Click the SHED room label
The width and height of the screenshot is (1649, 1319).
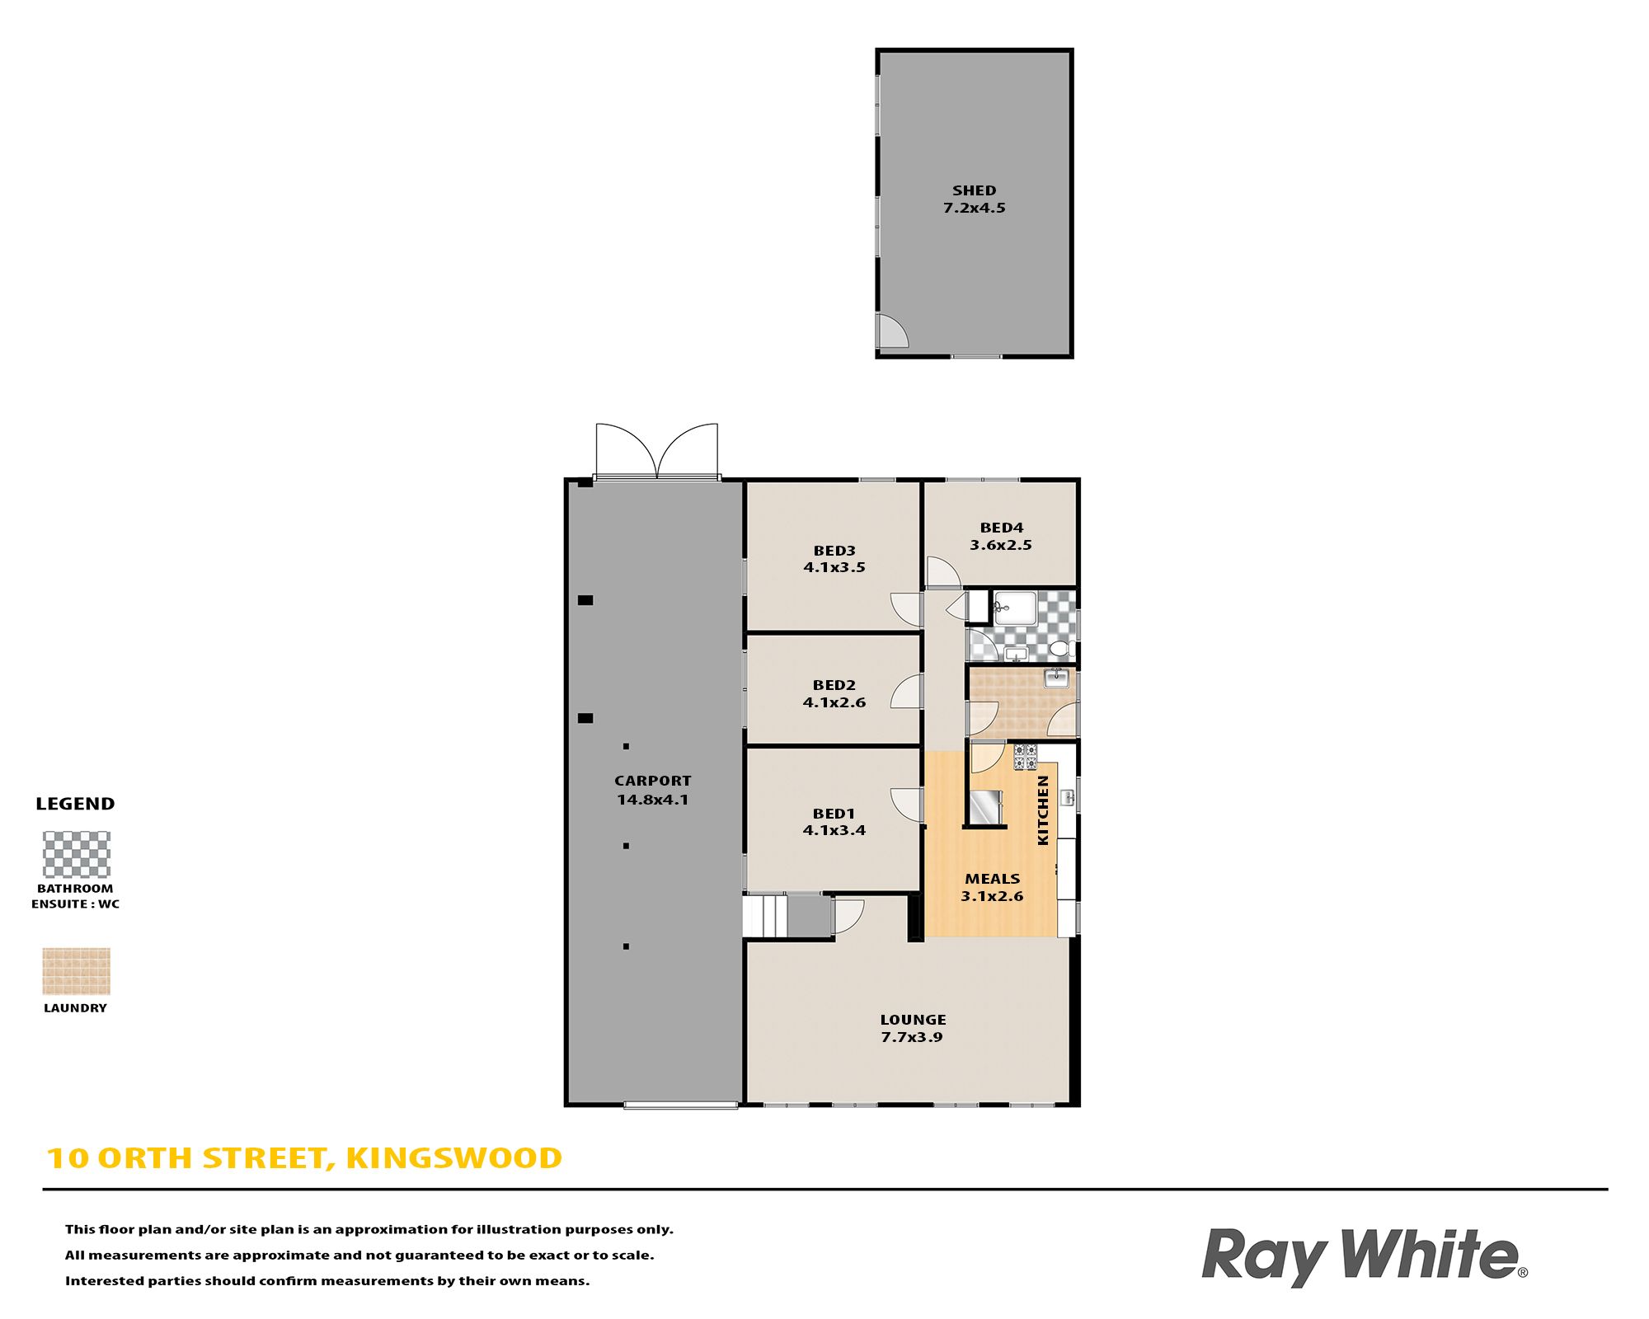click(x=974, y=190)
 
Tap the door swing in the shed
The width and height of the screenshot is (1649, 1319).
click(x=893, y=331)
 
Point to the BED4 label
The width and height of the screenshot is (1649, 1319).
click(x=1001, y=528)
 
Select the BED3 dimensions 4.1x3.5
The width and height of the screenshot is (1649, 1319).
click(x=834, y=567)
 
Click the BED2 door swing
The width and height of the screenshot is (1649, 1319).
click(x=907, y=692)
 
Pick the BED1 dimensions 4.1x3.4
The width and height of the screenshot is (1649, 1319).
click(x=834, y=830)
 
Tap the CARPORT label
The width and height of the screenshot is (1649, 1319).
click(x=652, y=781)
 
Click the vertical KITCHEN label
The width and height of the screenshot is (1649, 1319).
click(x=1043, y=810)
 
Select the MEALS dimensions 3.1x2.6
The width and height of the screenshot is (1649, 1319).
click(x=992, y=896)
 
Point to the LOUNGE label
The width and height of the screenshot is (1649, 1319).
click(x=913, y=1020)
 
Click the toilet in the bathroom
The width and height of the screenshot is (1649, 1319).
click(x=1060, y=650)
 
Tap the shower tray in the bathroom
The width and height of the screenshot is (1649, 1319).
click(x=1015, y=608)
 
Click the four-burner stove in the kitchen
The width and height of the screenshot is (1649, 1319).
click(x=1025, y=756)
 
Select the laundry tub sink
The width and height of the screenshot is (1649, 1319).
click(x=1056, y=678)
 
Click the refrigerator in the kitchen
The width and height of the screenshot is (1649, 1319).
click(x=985, y=807)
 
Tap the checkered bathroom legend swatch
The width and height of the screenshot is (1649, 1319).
click(x=76, y=854)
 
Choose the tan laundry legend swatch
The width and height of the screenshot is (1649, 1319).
click(x=76, y=971)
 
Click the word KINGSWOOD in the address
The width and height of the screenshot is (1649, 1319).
click(x=454, y=1158)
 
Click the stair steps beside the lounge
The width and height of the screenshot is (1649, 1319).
click(x=765, y=916)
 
